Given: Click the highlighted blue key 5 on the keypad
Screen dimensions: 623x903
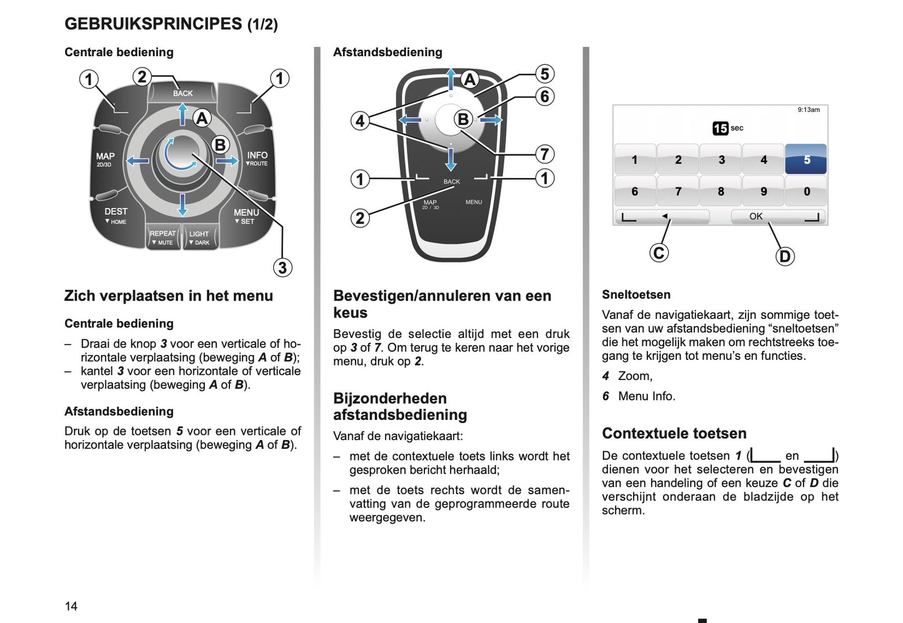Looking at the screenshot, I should tap(806, 159).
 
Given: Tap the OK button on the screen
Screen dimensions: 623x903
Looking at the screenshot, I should tap(756, 216).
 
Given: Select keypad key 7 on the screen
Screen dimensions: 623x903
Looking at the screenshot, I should tap(678, 191).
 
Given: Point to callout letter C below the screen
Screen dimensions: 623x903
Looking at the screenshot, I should tap(659, 252).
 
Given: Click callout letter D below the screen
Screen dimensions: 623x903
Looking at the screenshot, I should tap(785, 256).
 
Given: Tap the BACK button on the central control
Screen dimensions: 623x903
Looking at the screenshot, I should tap(182, 93).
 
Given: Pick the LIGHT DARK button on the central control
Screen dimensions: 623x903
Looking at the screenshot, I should tap(199, 237).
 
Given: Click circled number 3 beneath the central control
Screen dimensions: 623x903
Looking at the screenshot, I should tap(282, 267).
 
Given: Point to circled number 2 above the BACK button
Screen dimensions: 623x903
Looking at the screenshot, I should tap(142, 77).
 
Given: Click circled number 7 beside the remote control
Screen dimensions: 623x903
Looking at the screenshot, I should tap(544, 154).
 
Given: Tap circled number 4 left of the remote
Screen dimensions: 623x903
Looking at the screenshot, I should tap(360, 121).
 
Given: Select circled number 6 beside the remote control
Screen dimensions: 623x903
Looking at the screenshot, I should tap(544, 96).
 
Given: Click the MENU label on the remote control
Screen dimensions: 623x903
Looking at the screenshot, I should tap(474, 202).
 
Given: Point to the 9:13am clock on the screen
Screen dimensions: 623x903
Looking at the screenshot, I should tap(808, 110).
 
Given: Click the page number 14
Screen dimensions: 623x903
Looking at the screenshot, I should tap(71, 606).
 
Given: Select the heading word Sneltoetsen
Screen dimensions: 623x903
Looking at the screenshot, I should tap(636, 294).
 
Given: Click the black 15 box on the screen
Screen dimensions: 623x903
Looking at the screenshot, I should tap(720, 128).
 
